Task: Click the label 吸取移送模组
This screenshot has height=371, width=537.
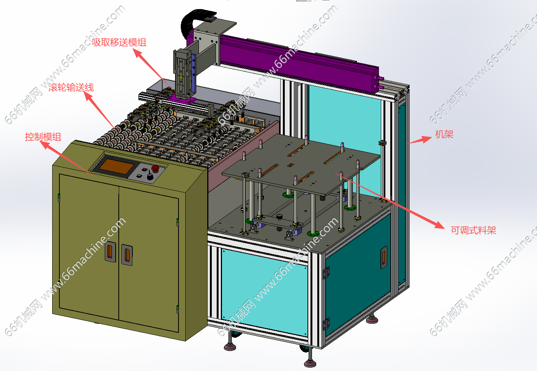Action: point(119,42)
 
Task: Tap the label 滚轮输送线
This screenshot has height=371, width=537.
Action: point(71,87)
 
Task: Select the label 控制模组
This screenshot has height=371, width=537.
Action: point(43,137)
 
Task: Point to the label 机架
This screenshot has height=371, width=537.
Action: point(444,134)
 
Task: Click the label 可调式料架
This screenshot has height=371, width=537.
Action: point(473,230)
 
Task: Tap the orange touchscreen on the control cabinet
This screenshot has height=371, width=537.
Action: point(117,166)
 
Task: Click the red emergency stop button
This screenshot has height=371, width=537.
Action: point(155,169)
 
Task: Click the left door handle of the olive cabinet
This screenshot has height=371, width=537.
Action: point(110,251)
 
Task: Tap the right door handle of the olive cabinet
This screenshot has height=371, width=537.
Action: point(127,255)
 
